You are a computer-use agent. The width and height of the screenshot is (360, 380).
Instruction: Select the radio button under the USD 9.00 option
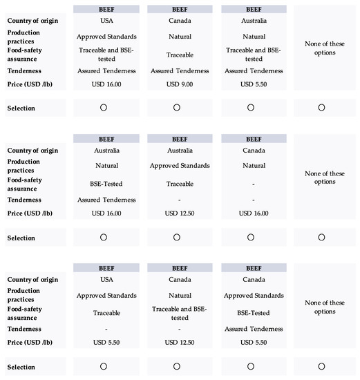[x=177, y=107]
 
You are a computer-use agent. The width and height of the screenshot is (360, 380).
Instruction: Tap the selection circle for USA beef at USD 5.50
[x=103, y=366]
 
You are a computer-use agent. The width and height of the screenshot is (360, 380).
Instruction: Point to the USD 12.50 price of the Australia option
[x=176, y=213]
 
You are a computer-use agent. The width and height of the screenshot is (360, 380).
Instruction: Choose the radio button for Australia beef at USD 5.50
[x=250, y=107]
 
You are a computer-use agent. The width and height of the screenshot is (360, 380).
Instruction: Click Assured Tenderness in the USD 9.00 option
[x=176, y=70]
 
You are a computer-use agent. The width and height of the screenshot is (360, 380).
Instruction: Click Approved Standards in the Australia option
[x=176, y=166]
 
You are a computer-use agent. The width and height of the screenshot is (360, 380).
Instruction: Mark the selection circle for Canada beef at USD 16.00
[x=250, y=237]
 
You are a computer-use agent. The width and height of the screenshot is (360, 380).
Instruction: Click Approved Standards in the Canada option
[x=250, y=296]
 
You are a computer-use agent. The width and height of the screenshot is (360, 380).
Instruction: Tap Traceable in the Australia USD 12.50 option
[x=176, y=184]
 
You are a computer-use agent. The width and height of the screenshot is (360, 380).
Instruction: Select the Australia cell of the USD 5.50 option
[x=250, y=21]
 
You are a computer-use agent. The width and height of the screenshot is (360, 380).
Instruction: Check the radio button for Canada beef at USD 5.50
[x=250, y=366]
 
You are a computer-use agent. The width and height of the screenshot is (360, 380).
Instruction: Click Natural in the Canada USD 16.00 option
[x=250, y=166]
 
